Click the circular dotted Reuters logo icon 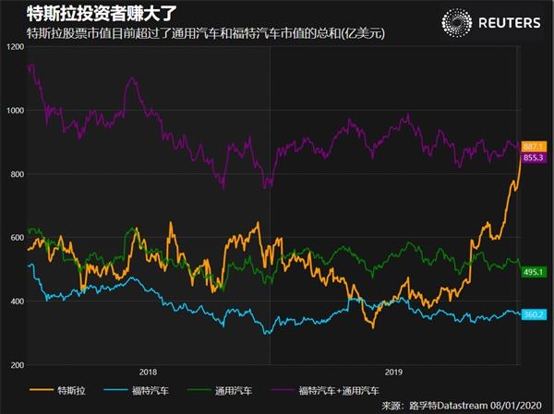click(x=458, y=22)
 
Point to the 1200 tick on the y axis click(x=15, y=46)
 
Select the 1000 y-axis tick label click(x=15, y=110)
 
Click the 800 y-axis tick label click(x=17, y=174)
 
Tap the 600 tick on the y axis click(x=17, y=238)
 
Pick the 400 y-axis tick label click(x=17, y=302)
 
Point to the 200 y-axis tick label click(x=17, y=365)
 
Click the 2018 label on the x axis click(x=148, y=373)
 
